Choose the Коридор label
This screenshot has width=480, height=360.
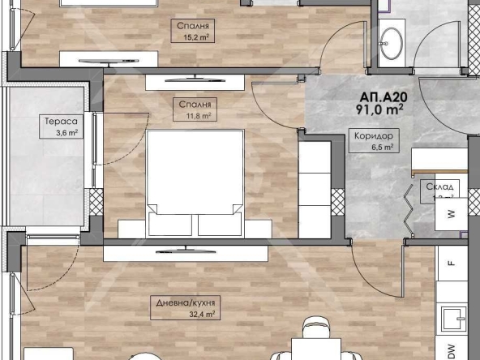(x=372, y=136)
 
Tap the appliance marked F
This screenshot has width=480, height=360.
(x=451, y=264)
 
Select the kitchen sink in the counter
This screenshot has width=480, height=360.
(x=450, y=319)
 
